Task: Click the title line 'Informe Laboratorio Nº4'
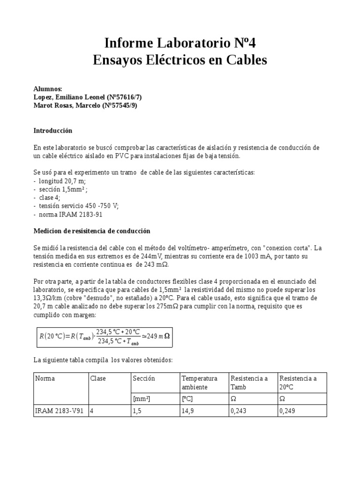180,44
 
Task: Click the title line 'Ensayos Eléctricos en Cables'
180,60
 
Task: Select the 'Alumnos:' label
48,89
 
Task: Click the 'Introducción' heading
53,130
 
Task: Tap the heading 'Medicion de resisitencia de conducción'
92,231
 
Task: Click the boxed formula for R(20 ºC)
104,336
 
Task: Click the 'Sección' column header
143,378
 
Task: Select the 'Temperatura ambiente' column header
200,382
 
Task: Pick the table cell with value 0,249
287,411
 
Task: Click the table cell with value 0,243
239,411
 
